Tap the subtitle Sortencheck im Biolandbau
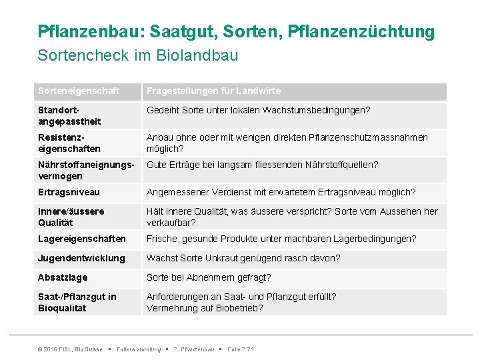pyautogui.click(x=138, y=55)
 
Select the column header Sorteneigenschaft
pyautogui.click(x=79, y=91)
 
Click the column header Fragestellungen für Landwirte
pyautogui.click(x=213, y=91)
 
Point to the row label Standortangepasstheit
pyautogui.click(x=69, y=115)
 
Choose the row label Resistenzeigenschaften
pyautogui.click(x=69, y=143)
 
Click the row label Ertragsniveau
pyautogui.click(x=69, y=192)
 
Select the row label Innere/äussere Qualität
pyautogui.click(x=71, y=217)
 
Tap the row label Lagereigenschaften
pyautogui.click(x=81, y=239)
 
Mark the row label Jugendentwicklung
pyautogui.click(x=81, y=258)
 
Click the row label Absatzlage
pyautogui.click(x=63, y=277)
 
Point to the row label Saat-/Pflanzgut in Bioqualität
pyautogui.click(x=77, y=302)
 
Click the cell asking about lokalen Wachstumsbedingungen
pyautogui.click(x=258, y=110)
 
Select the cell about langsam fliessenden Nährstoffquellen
pyautogui.click(x=262, y=165)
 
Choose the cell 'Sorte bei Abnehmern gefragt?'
pyautogui.click(x=209, y=277)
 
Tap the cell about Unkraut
pyautogui.click(x=243, y=258)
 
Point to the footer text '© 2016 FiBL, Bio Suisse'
pyautogui.click(x=70, y=349)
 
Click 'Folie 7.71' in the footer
pyautogui.click(x=241, y=349)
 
